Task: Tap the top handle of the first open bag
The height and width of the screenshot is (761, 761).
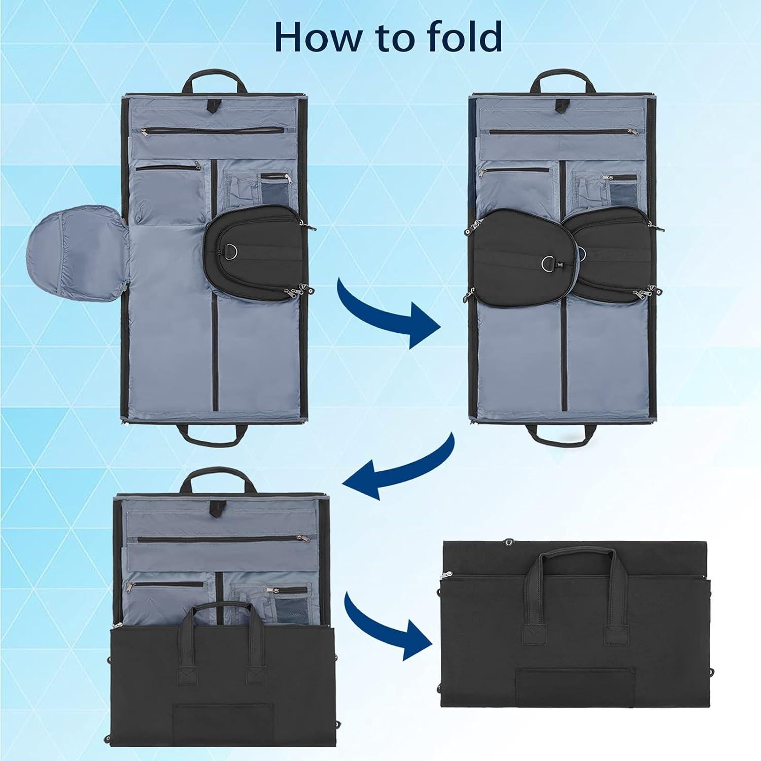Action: pos(215,81)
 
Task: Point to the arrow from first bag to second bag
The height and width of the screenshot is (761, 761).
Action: pos(386,314)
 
